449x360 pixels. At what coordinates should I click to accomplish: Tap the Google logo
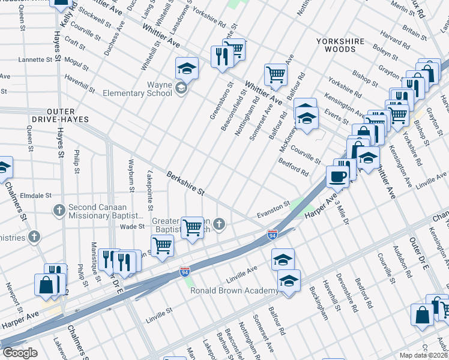(x=20, y=353)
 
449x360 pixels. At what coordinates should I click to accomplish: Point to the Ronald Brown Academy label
(x=234, y=290)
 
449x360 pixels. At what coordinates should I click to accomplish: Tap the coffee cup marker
(x=337, y=175)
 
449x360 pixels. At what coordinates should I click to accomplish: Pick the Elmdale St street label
(x=37, y=196)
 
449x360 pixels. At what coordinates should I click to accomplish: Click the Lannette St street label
(x=35, y=60)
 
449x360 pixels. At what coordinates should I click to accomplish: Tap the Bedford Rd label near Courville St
(x=294, y=168)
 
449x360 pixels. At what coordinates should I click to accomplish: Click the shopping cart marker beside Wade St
(x=192, y=227)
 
